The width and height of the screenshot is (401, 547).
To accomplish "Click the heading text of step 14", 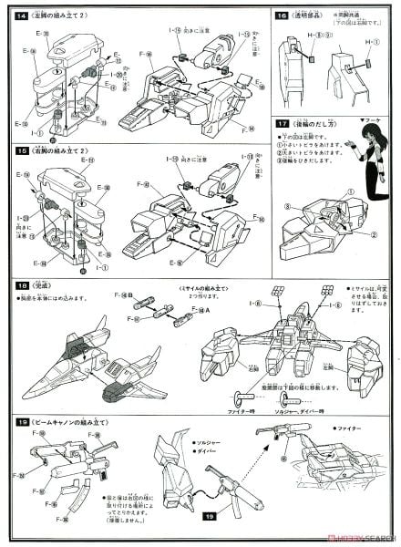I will point(59,15).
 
